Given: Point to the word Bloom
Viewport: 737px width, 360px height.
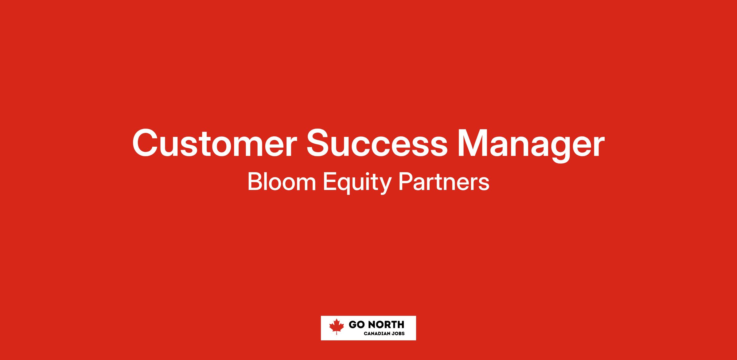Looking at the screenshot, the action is point(282,182).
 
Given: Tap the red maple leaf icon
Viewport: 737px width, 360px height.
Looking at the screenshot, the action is point(337,327).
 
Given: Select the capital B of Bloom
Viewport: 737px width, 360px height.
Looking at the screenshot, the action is point(255,182).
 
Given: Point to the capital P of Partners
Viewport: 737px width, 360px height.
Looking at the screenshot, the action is point(405,182).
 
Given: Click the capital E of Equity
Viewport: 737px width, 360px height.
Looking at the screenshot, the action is point(330,182).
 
